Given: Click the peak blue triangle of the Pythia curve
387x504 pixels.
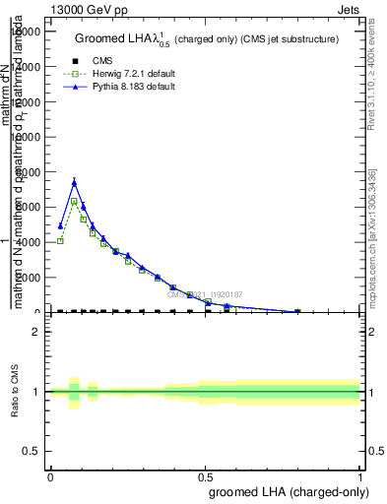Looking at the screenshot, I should click(x=74, y=182).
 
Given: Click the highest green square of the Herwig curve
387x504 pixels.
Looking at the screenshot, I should click(x=74, y=202).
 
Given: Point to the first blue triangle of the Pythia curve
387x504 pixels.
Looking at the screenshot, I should click(x=60, y=226).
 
